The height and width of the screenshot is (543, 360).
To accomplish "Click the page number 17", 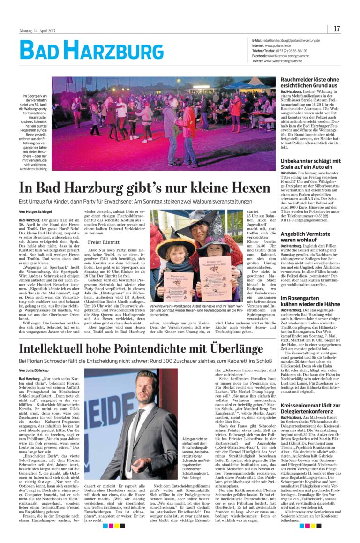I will pos(337,29).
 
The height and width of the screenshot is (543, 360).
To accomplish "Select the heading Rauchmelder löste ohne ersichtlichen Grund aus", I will pos(309,83).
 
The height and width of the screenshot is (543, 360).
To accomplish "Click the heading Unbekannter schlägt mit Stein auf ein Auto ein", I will pos(310,164).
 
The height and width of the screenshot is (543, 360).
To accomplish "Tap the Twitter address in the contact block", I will pos(279,61).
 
